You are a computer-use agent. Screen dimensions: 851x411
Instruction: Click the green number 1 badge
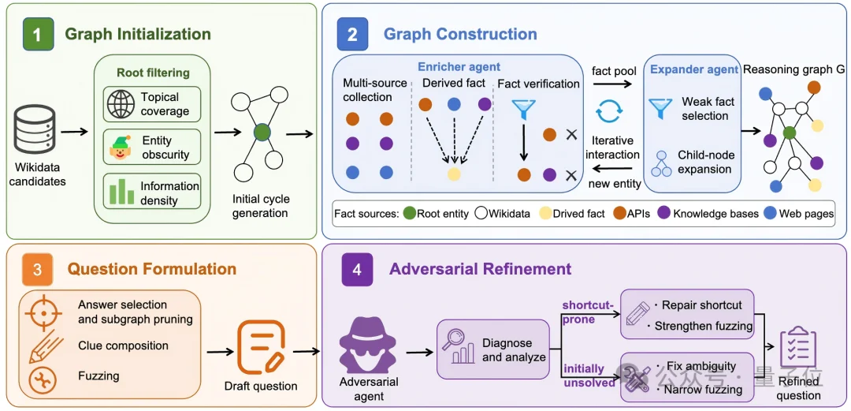(37, 34)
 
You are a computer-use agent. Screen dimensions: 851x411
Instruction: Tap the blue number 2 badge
(352, 34)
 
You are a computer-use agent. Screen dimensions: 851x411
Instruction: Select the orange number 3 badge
(38, 270)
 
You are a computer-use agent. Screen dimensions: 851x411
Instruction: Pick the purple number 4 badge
(357, 270)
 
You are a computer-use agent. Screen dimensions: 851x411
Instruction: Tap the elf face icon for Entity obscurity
(120, 148)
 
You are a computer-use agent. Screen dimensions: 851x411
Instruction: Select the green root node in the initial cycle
(262, 132)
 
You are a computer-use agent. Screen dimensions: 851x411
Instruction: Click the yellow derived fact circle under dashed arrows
(455, 174)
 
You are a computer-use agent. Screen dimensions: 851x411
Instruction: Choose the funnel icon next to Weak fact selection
(660, 108)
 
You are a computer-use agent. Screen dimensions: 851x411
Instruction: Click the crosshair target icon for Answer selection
(42, 312)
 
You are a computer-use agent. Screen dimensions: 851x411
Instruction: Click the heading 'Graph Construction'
(460, 34)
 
